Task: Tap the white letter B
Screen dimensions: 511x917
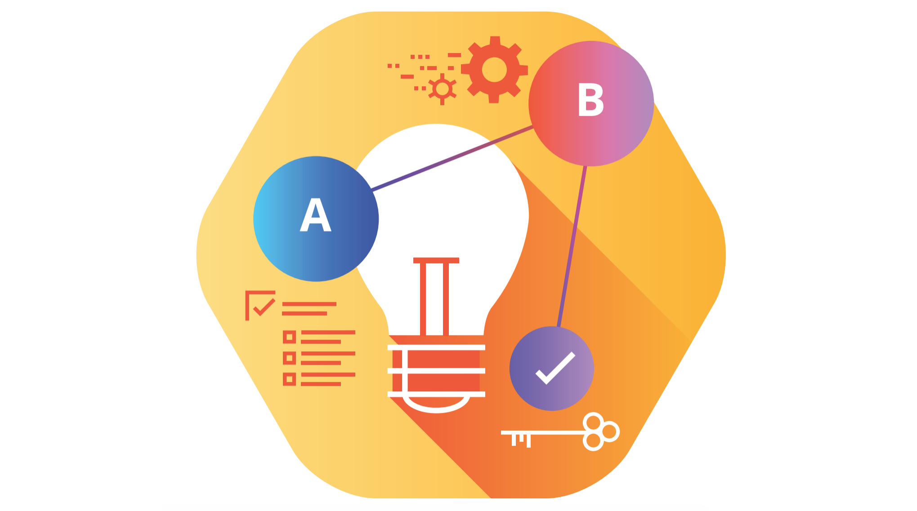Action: coord(590,100)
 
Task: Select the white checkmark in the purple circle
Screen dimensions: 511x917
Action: coord(555,368)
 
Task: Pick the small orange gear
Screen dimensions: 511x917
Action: coord(442,89)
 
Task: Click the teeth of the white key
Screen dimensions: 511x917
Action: coord(521,439)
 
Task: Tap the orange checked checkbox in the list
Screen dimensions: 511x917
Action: coord(260,305)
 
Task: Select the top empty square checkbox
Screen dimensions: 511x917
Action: coord(289,337)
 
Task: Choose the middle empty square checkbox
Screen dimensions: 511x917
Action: coord(289,358)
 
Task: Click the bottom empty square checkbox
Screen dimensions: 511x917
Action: coord(289,379)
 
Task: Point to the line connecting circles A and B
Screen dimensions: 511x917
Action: coord(452,159)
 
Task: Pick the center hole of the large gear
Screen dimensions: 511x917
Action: coord(494,70)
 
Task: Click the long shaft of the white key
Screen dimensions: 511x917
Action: coord(553,432)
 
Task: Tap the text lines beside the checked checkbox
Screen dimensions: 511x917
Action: coord(309,309)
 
